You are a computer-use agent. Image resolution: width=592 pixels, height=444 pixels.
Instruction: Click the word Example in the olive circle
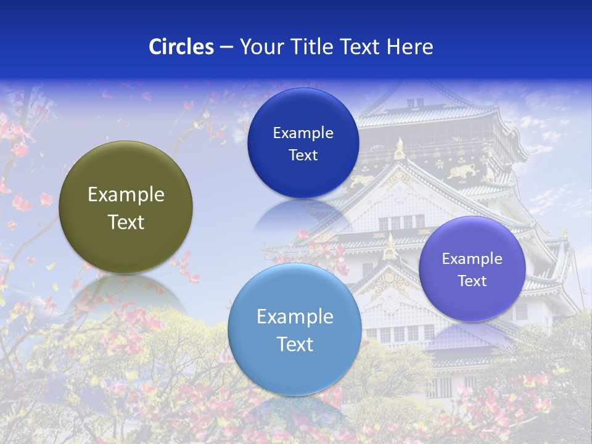point(126,195)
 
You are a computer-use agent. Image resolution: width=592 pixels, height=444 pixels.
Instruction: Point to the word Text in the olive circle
point(126,222)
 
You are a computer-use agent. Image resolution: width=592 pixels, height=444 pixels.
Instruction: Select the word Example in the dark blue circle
point(303,133)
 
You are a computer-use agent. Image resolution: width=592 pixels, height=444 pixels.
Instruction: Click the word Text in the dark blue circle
point(303,155)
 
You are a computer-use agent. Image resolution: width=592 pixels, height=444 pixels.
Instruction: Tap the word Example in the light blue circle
point(295,317)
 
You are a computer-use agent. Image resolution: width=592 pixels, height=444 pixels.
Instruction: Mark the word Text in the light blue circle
point(295,344)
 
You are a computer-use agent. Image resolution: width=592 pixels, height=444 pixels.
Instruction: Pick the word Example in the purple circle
point(472,259)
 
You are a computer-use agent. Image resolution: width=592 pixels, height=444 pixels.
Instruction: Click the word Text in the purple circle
point(472,281)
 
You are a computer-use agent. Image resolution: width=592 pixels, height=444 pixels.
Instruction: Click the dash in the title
point(226,47)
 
